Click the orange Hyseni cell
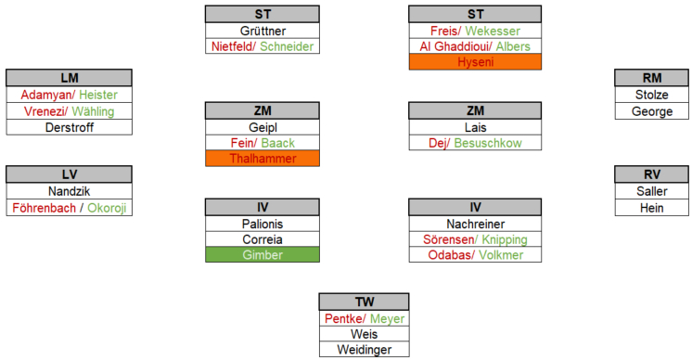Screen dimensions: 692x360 (x=475, y=62)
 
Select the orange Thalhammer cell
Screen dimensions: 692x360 (x=263, y=159)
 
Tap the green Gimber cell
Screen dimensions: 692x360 (x=263, y=254)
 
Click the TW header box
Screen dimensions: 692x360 (x=365, y=302)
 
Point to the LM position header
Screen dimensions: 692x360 (x=70, y=78)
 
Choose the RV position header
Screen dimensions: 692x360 (x=652, y=174)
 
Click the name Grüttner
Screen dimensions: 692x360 (x=263, y=31)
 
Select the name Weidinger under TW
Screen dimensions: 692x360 (x=365, y=350)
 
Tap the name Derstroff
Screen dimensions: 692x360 (x=70, y=127)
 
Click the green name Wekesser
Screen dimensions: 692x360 (x=493, y=31)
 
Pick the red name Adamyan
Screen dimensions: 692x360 (x=46, y=95)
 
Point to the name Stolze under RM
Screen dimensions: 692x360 (x=652, y=95)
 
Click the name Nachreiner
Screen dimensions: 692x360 (x=475, y=224)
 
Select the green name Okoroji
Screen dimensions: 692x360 (x=107, y=208)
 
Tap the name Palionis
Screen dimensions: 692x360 (x=263, y=224)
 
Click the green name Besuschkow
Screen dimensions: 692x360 (x=488, y=143)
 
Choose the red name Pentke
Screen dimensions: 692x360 (x=343, y=318)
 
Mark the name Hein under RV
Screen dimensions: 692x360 (x=652, y=208)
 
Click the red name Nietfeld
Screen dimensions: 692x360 (x=232, y=46)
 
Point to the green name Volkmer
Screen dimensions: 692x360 (x=501, y=255)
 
